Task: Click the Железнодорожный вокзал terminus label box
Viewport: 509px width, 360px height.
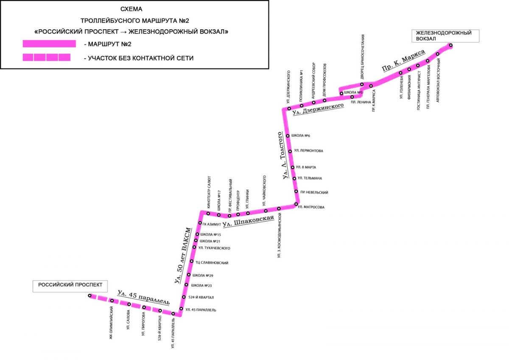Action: (445, 36)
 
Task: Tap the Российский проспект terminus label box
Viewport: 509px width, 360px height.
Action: (70, 286)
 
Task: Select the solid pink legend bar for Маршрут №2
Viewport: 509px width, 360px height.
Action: (49, 44)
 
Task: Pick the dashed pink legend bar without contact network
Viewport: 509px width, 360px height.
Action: (47, 57)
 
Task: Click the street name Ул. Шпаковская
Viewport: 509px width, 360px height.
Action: (248, 221)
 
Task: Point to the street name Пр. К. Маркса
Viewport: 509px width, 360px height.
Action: (403, 60)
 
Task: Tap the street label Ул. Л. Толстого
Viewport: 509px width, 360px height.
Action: (283, 155)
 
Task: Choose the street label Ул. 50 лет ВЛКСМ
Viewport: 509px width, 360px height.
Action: (183, 256)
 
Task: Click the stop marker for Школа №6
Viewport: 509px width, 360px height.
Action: (288, 136)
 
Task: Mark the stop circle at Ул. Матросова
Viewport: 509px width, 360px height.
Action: (296, 204)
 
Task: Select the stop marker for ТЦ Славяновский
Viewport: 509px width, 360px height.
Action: (192, 262)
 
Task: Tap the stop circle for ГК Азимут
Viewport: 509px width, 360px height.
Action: (200, 222)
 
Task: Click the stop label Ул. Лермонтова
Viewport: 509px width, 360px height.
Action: (308, 151)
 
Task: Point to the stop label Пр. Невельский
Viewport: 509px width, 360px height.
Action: (314, 192)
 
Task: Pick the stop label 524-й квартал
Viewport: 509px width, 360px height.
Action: (201, 297)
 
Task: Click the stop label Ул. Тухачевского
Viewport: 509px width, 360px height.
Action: (214, 248)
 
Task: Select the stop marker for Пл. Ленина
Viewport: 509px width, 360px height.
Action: (352, 97)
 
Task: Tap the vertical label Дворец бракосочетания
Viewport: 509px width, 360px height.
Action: (362, 57)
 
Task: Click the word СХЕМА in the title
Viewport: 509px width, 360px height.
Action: (131, 9)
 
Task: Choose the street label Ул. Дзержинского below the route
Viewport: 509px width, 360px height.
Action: (318, 110)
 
